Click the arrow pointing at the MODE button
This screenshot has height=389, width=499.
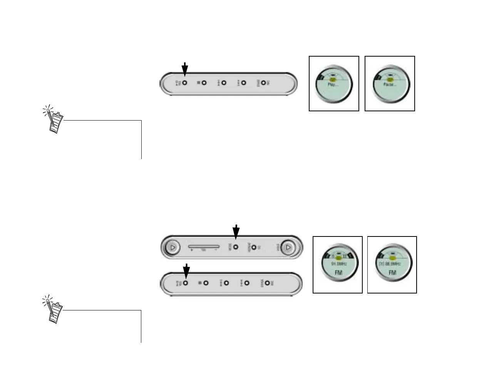pos(236,232)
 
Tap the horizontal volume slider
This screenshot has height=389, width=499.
pos(204,246)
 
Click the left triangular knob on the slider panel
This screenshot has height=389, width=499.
pos(172,247)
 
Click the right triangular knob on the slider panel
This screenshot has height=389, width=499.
pos(288,247)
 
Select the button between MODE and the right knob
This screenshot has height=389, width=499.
pos(254,247)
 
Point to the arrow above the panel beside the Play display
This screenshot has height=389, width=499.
pos(185,69)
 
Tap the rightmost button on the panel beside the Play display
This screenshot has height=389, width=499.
pos(263,83)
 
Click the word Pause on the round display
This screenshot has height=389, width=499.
pos(389,84)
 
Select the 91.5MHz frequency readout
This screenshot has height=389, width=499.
pos(338,264)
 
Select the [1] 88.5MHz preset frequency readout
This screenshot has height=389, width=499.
pos(392,264)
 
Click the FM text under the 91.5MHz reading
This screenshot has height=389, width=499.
pos(338,273)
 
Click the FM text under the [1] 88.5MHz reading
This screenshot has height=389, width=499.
pos(392,273)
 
